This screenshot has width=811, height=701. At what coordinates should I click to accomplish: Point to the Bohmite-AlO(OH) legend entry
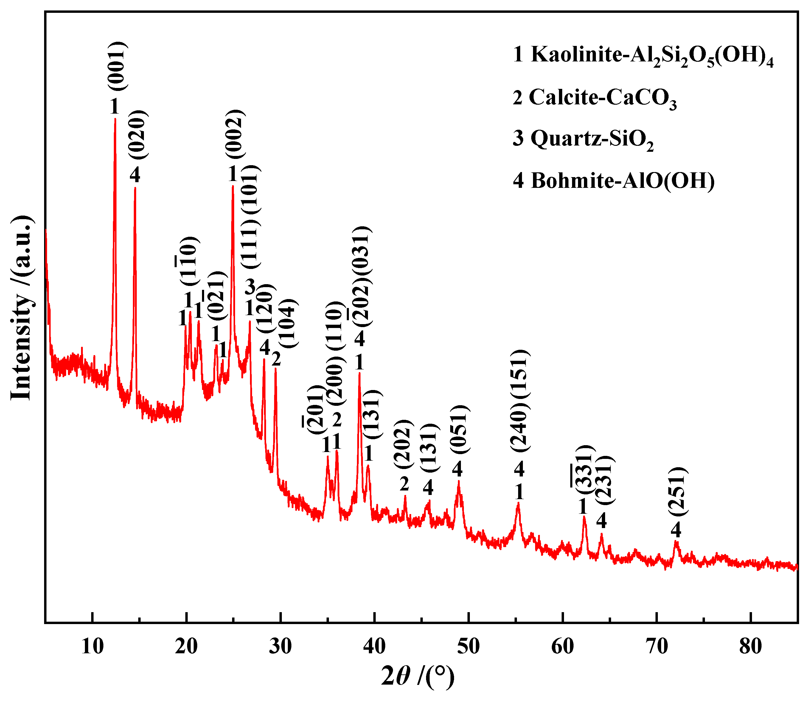[613, 181]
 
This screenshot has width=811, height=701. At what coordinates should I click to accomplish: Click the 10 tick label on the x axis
[92, 647]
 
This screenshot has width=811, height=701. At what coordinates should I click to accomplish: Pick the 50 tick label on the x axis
[469, 647]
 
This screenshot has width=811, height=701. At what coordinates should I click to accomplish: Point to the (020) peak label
[138, 134]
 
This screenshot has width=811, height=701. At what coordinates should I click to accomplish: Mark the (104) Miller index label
[290, 323]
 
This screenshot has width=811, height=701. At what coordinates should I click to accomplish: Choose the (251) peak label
[678, 492]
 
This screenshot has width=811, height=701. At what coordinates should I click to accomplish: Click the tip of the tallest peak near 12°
[115, 119]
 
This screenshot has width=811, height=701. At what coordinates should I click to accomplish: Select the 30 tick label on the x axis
[280, 647]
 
